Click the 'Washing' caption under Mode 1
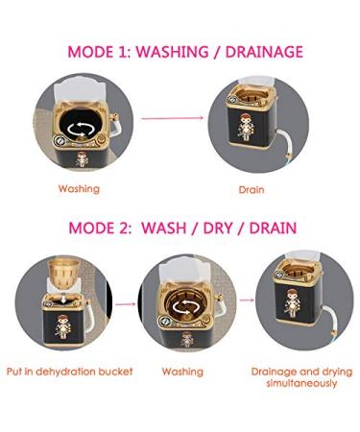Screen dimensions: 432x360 click(77, 188)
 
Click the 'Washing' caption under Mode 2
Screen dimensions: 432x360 click(182, 371)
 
